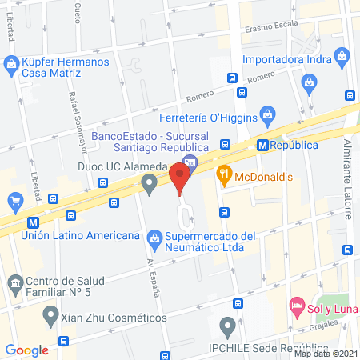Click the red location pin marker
(x=181, y=175)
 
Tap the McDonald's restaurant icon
(x=225, y=171)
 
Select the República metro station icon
(x=262, y=145)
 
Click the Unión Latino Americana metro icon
(x=33, y=222)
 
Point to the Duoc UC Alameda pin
(x=149, y=185)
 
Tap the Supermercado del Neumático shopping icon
(x=154, y=236)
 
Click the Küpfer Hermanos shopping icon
(x=12, y=62)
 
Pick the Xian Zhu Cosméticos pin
(x=50, y=314)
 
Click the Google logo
(x=27, y=350)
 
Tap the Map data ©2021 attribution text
(x=325, y=353)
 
